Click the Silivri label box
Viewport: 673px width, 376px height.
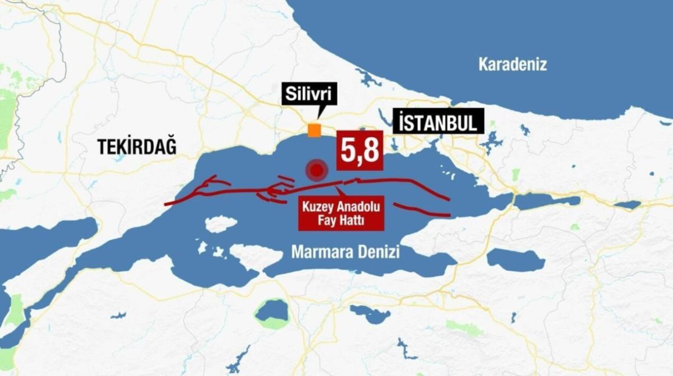click(x=310, y=95)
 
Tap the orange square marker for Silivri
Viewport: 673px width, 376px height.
click(x=314, y=130)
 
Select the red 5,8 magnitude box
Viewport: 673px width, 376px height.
click(x=359, y=151)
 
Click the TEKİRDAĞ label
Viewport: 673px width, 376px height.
click(x=137, y=147)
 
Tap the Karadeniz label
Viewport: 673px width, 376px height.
click(x=512, y=64)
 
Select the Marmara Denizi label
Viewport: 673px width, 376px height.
click(x=345, y=253)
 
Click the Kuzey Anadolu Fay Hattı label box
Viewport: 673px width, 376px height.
click(x=341, y=213)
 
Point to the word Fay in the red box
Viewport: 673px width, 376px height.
click(x=327, y=221)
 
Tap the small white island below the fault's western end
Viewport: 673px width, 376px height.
click(x=221, y=224)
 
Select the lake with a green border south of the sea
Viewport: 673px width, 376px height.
click(x=272, y=312)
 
